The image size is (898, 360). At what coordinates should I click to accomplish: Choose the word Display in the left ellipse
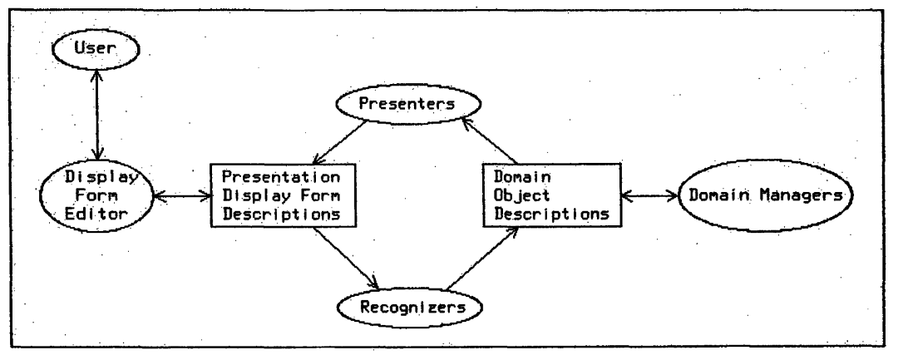tap(104, 178)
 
